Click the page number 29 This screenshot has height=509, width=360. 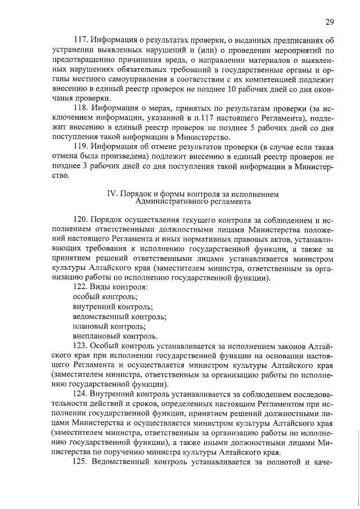pyautogui.click(x=330, y=22)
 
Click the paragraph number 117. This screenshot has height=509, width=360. pyautogui.click(x=82, y=40)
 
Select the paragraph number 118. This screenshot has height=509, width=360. pyautogui.click(x=82, y=107)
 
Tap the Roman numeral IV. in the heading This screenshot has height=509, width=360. pyautogui.click(x=111, y=194)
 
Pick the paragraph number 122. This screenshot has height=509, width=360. pyautogui.click(x=82, y=287)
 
